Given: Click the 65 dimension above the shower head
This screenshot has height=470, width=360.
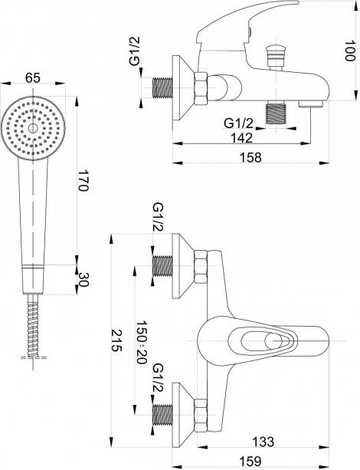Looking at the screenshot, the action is pyautogui.click(x=32, y=78).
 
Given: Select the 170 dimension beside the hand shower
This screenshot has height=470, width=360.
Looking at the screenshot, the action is pyautogui.click(x=83, y=180).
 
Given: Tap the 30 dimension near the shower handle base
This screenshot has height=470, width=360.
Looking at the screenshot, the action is pyautogui.click(x=83, y=279).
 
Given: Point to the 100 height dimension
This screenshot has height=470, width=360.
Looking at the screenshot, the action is pyautogui.click(x=349, y=51).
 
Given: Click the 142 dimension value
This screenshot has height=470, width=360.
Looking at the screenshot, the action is pyautogui.click(x=241, y=138).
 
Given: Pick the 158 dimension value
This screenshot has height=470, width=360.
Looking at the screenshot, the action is pyautogui.click(x=250, y=157).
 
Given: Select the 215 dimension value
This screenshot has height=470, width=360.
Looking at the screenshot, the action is pyautogui.click(x=116, y=340).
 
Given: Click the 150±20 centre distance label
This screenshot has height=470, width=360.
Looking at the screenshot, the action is pyautogui.click(x=142, y=342).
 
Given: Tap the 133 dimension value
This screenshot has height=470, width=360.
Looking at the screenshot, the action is pyautogui.click(x=263, y=441).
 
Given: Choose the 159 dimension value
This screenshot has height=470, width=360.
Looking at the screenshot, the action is pyautogui.click(x=250, y=460).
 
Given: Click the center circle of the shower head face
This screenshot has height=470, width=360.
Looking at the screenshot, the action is pyautogui.click(x=33, y=128).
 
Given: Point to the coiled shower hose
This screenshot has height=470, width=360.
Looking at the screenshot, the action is pyautogui.click(x=33, y=326).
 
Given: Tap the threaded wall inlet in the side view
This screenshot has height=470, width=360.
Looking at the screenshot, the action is pyautogui.click(x=162, y=88).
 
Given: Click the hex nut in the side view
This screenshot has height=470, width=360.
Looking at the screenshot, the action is pyautogui.click(x=201, y=89).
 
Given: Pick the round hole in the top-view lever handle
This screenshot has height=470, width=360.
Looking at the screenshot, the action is pyautogui.click(x=273, y=341).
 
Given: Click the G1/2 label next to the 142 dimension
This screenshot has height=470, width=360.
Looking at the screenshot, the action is pyautogui.click(x=239, y=123).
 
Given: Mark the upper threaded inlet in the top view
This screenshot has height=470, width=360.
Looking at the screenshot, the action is pyautogui.click(x=162, y=266).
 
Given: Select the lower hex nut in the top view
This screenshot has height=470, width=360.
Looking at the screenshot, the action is pyautogui.click(x=201, y=415).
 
